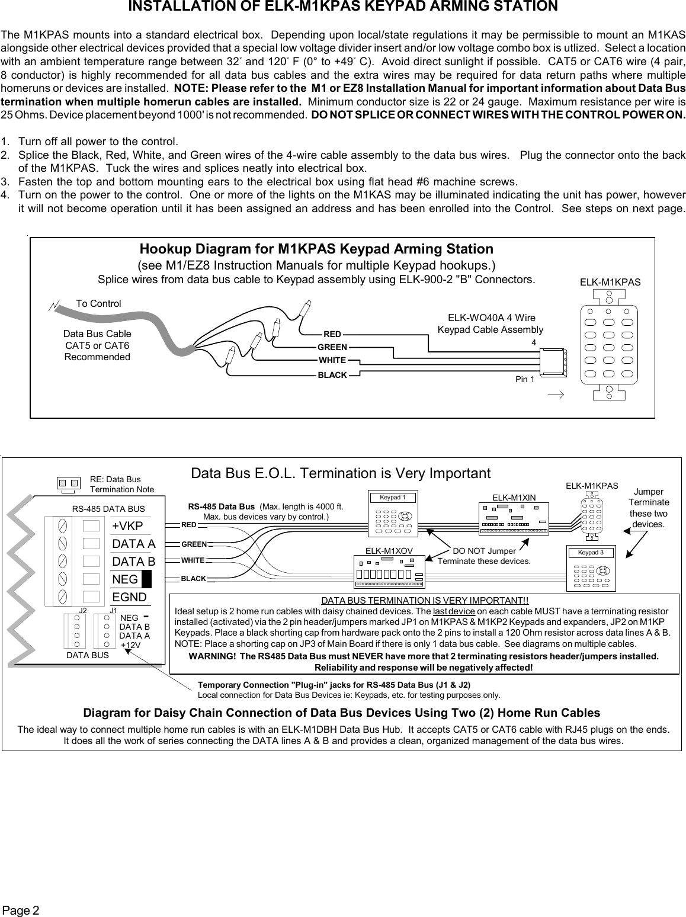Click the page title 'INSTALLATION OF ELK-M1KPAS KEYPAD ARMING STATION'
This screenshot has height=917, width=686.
[x=343, y=7]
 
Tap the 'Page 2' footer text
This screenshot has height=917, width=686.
[x=21, y=909]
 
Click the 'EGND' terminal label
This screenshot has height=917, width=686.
[x=129, y=597]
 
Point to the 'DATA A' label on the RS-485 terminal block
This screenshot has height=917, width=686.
[x=133, y=544]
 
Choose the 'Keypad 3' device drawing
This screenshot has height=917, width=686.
[x=591, y=568]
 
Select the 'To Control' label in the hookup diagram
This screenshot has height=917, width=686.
[x=98, y=303]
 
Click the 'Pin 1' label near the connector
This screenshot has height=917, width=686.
[x=524, y=379]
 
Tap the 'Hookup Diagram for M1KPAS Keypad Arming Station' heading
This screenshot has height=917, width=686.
[x=316, y=249]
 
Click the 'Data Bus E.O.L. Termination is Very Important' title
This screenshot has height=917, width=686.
[x=341, y=473]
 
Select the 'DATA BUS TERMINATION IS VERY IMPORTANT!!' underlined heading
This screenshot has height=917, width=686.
[x=424, y=601]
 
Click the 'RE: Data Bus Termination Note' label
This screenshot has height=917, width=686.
[x=121, y=484]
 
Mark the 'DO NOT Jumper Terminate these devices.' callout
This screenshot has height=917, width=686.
[x=483, y=556]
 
